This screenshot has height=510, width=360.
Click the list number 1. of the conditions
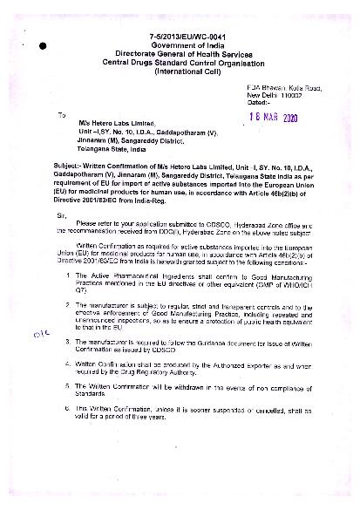[69, 275]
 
